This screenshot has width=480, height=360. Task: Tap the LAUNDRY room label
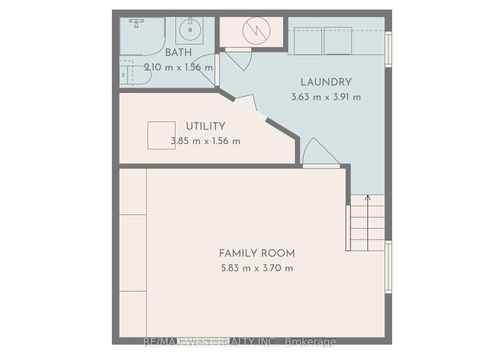pyautogui.click(x=325, y=82)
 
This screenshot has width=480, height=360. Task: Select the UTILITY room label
pyautogui.click(x=205, y=126)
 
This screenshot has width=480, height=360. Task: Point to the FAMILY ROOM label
pyautogui.click(x=257, y=253)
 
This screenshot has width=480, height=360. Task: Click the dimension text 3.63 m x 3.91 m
pyautogui.click(x=326, y=97)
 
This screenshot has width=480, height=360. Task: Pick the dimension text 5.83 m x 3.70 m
pyautogui.click(x=257, y=268)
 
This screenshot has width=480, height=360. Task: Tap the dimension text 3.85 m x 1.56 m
pyautogui.click(x=206, y=141)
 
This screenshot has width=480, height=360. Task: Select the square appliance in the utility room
pyautogui.click(x=160, y=135)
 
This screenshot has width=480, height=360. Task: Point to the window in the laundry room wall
pyautogui.click(x=389, y=47)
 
